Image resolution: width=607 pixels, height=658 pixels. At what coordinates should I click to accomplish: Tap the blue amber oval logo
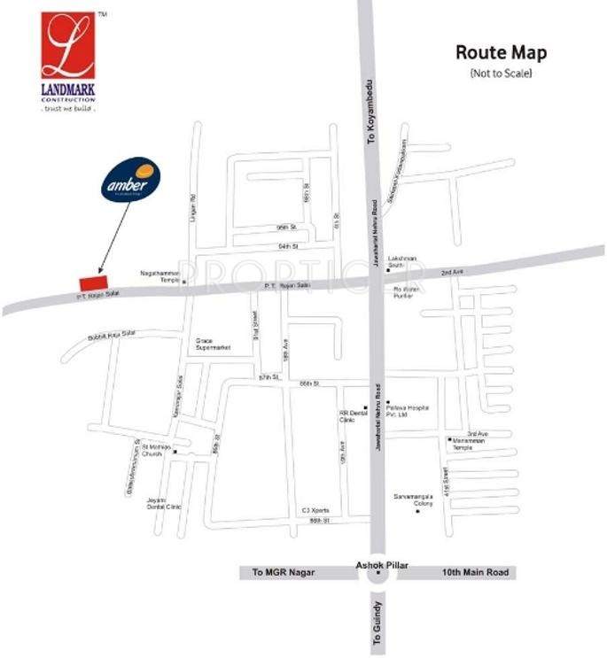pos(131,180)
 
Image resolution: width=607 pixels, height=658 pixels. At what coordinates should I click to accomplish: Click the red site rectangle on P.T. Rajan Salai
pos(88,281)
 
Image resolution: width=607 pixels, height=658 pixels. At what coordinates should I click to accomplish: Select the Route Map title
pos(501,52)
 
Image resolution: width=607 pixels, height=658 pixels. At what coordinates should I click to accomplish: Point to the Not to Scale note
pos(501,73)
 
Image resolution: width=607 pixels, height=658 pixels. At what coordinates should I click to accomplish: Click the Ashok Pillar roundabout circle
pos(377,575)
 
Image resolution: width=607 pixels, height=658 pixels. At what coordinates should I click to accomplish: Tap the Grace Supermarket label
pos(213,344)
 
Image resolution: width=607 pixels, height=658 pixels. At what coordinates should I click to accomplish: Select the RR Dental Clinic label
pos(352,416)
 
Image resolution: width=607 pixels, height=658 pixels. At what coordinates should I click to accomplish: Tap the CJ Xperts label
pos(315,511)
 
